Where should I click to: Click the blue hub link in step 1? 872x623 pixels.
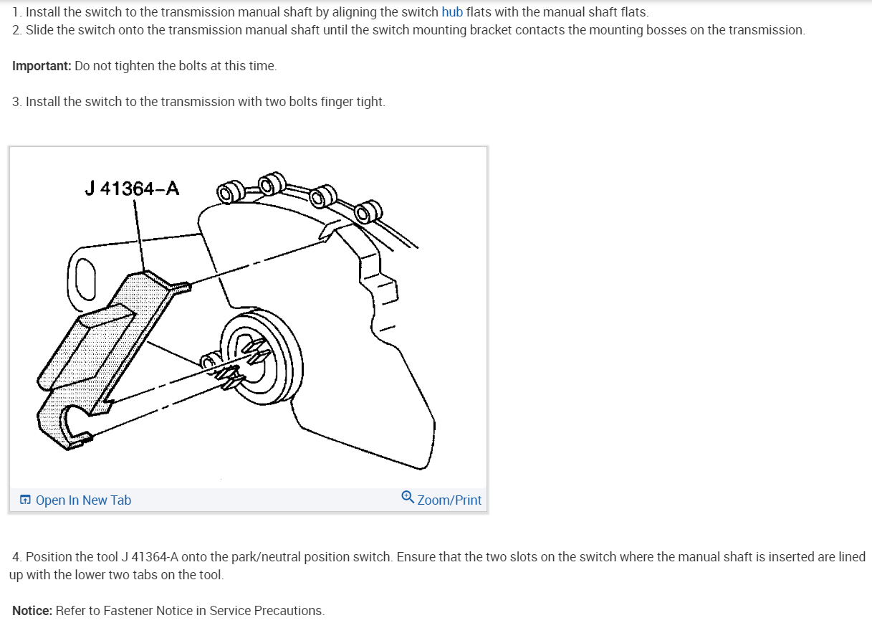452,12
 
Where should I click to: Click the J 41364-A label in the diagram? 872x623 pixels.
132,189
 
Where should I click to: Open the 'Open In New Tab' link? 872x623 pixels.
83,500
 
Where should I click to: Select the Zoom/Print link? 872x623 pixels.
449,500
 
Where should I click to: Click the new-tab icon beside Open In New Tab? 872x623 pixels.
25,500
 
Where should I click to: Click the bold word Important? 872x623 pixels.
42,66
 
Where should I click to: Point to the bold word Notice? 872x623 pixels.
32,611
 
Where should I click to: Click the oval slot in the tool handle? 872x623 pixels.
86,279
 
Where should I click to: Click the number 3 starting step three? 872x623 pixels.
16,102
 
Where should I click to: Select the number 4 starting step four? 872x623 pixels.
16,557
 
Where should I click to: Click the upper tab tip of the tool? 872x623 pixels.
184,288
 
